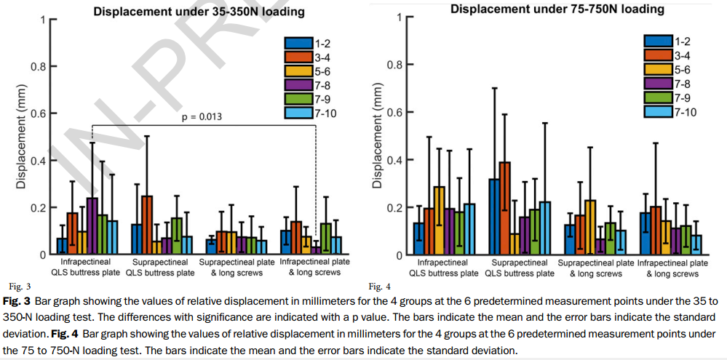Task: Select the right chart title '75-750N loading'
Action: pyautogui.click(x=557, y=9)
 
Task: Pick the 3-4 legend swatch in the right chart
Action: pyautogui.click(x=658, y=55)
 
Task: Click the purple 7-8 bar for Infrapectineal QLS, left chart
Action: pyautogui.click(x=92, y=226)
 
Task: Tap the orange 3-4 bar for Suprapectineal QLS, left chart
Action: pyautogui.click(x=147, y=225)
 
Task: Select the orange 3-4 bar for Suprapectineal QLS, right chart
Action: pyautogui.click(x=505, y=209)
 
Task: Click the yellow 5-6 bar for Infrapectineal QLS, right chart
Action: pyautogui.click(x=439, y=221)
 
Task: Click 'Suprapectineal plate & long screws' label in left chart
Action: pyautogui.click(x=236, y=267)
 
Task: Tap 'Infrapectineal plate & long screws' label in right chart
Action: pyautogui.click(x=672, y=268)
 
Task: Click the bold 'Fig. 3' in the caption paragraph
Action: pyautogui.click(x=15, y=300)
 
